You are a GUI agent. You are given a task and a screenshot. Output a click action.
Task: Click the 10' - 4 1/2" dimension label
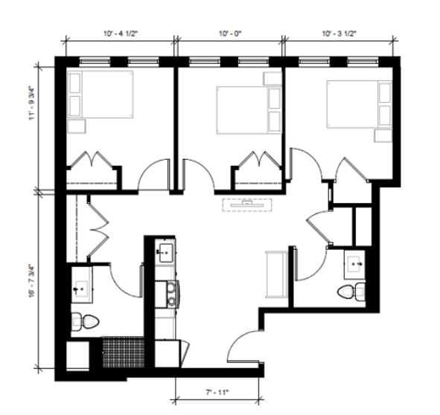pyautogui.click(x=121, y=33)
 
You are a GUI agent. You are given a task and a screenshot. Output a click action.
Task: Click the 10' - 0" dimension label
pyautogui.click(x=230, y=33)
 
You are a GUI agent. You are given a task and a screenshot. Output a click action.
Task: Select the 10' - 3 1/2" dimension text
pyautogui.click(x=339, y=33)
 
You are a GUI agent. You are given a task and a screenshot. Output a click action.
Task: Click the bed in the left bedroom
pyautogui.click(x=101, y=94)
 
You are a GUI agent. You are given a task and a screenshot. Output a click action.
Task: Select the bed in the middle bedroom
pyautogui.click(x=249, y=110)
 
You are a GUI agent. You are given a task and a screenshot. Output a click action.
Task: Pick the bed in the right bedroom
pyautogui.click(x=359, y=104)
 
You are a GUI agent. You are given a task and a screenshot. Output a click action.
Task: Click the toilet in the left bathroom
pyautogui.click(x=85, y=321)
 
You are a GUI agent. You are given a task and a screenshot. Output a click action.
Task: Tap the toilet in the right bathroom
pyautogui.click(x=351, y=292)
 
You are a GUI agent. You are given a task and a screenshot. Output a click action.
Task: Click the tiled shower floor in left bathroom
pyautogui.click(x=123, y=353)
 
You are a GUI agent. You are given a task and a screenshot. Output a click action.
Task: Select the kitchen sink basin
pyautogui.click(x=166, y=253)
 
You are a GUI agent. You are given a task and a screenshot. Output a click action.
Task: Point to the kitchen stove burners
pyautogui.click(x=171, y=295)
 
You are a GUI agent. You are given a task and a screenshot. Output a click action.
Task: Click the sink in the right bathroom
pyautogui.click(x=355, y=265)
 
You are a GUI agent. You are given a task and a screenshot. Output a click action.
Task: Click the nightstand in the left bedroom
pyautogui.click(x=77, y=126)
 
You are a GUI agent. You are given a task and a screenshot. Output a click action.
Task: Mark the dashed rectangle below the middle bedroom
pyautogui.click(x=247, y=205)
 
